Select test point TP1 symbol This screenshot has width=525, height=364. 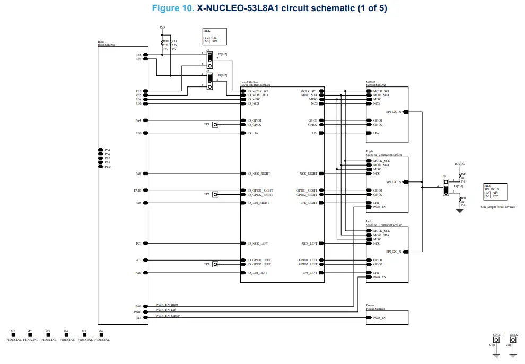click(x=215, y=125)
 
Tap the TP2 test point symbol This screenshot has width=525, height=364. click(x=215, y=195)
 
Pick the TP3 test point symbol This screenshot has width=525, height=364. click(x=215, y=264)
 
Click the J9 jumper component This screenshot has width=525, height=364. click(x=446, y=186)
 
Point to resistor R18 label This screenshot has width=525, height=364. click(x=165, y=41)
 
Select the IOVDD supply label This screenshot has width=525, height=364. click(x=460, y=164)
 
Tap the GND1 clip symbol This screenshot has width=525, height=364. click(x=496, y=341)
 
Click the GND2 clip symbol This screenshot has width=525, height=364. click(x=513, y=341)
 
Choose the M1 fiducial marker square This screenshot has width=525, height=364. click(x=13, y=335)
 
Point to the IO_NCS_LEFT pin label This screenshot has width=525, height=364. click(x=257, y=244)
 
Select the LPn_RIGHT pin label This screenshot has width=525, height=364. click(x=309, y=203)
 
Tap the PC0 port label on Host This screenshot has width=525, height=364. click(x=107, y=167)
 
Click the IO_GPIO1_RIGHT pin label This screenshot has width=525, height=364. click(x=260, y=190)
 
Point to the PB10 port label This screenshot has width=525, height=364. click(x=137, y=312)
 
